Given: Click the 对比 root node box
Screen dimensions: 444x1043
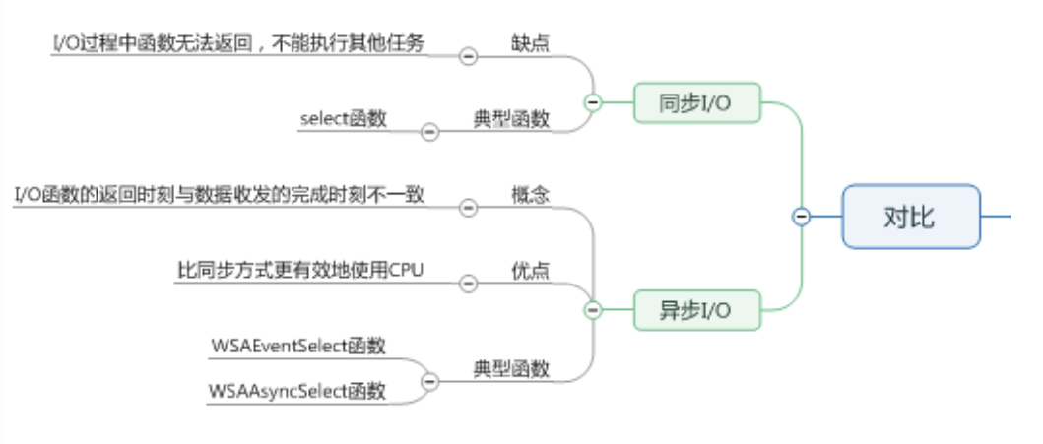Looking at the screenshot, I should (910, 216).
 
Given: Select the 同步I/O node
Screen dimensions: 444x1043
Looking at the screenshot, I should (695, 102).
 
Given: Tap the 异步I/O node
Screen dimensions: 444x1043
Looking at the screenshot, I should (695, 310).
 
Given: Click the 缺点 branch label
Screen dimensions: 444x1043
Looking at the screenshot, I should (530, 45).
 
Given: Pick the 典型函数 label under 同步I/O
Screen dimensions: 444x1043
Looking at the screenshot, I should (511, 119).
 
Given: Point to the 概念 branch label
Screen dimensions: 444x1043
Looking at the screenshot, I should (530, 195).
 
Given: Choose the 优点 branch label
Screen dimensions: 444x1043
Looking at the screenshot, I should (530, 270).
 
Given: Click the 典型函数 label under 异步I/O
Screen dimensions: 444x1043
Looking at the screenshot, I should (511, 369).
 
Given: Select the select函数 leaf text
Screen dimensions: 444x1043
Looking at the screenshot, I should (344, 119).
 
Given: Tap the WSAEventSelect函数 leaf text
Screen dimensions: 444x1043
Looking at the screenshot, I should (298, 346).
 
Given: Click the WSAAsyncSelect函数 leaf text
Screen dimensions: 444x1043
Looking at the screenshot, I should (297, 391).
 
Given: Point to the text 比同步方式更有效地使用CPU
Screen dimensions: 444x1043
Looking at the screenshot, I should (300, 270).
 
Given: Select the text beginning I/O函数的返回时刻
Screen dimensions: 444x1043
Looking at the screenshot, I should (219, 195).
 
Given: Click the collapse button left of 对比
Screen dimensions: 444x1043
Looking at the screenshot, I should (802, 217).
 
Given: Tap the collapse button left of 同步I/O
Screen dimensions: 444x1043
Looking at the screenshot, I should (593, 101).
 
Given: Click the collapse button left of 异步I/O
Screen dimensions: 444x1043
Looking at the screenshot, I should (593, 310).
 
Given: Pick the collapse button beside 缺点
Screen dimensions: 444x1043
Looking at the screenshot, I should (468, 56).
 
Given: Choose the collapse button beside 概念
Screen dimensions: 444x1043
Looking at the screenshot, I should (468, 207).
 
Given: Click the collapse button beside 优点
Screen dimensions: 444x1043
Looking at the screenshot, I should (468, 283).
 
